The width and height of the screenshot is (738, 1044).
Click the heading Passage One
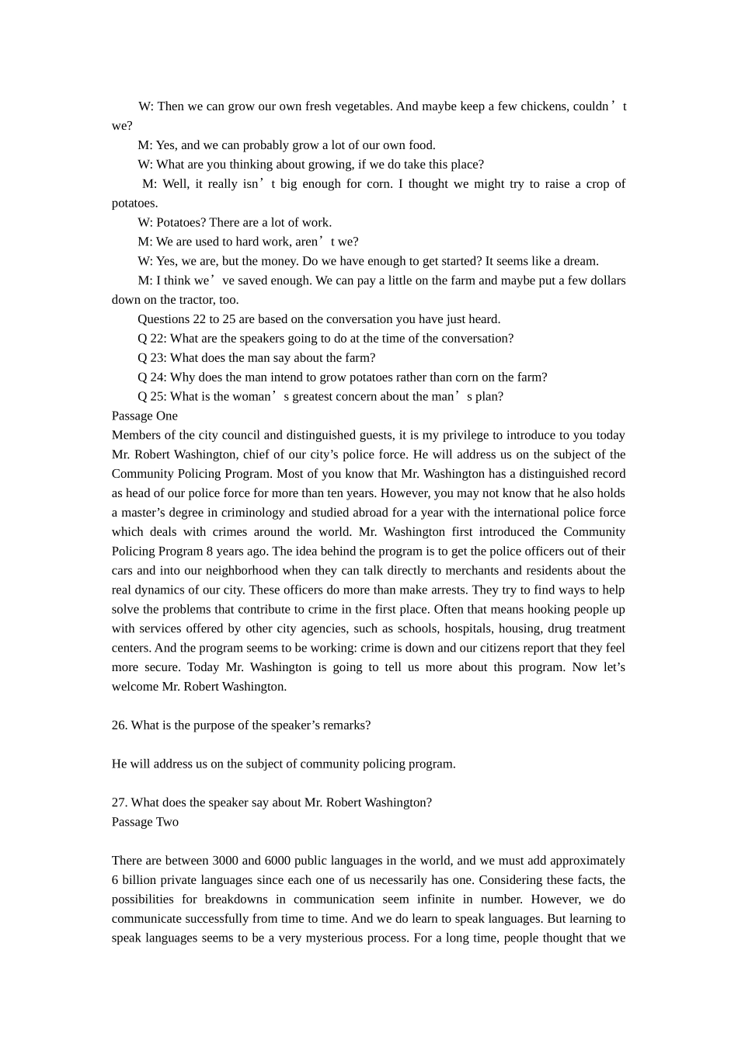click(144, 416)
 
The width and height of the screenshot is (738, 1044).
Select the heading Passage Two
click(145, 822)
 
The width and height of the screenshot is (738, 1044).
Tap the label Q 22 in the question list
click(151, 339)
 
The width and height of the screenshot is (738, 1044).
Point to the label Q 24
click(151, 378)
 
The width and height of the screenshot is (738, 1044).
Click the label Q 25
click(151, 397)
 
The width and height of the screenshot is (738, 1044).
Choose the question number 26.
click(119, 726)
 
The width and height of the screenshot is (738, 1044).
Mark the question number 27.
click(119, 802)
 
